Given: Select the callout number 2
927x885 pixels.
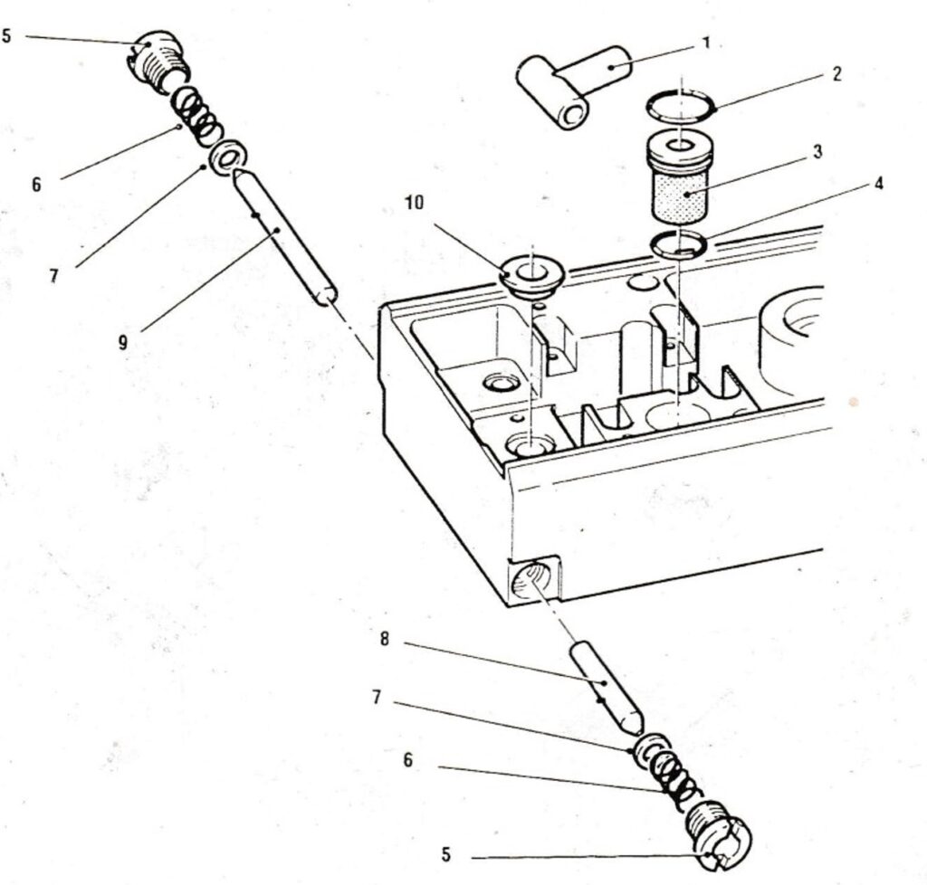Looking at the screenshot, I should point(836,74).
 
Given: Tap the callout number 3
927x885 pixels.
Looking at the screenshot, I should point(817,151).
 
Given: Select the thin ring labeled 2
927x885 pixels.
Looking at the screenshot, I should point(681,106).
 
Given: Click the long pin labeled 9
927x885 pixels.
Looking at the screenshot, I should point(282,237).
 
